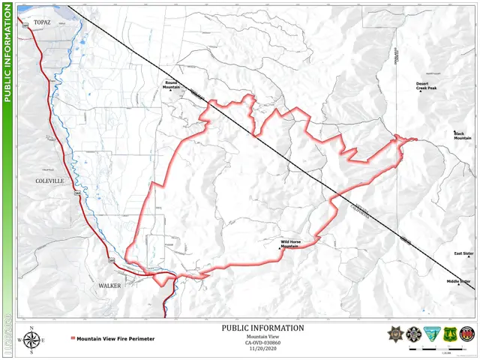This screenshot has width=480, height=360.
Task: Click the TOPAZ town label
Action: pos(41,23)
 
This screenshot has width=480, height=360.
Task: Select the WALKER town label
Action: pos(109,286)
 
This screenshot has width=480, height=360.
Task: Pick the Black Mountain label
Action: pos(462,136)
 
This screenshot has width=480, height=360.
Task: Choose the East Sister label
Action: pos(463,253)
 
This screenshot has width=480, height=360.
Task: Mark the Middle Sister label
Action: pos(458,281)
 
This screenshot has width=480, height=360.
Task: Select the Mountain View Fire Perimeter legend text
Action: pos(115,339)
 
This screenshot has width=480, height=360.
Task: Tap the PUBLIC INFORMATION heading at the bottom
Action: pos(263,328)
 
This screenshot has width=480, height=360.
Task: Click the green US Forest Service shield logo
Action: pos(449,334)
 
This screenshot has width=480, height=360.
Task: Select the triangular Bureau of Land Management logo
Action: pos(431,334)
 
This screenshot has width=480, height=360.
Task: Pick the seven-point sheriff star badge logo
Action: pos(395,334)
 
